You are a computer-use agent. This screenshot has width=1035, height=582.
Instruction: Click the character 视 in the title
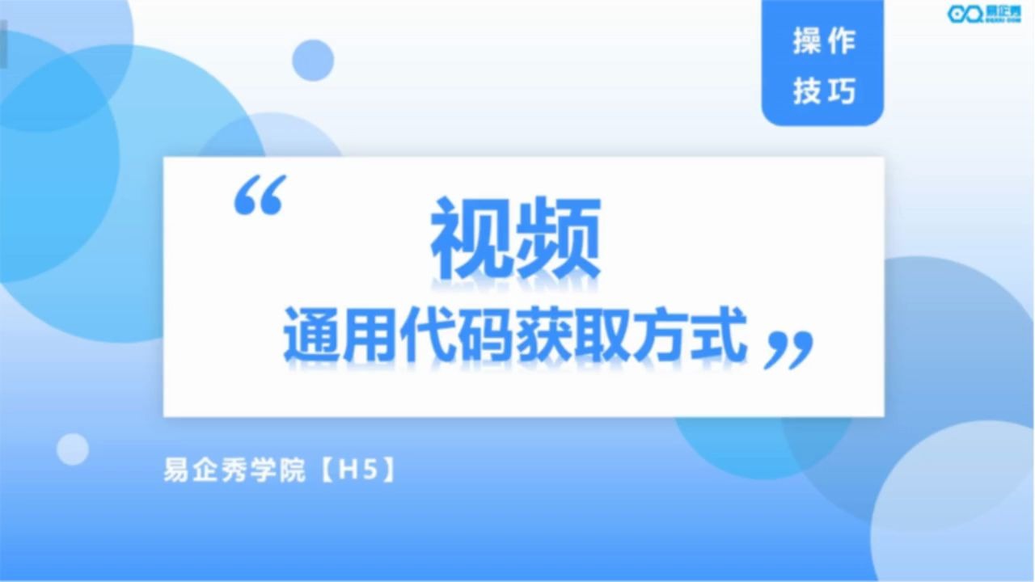coord(472,238)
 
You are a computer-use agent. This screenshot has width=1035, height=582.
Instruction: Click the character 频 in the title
coord(558,238)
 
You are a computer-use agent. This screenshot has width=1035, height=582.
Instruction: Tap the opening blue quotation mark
coord(260,195)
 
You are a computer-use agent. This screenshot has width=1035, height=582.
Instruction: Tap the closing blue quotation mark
coord(788,350)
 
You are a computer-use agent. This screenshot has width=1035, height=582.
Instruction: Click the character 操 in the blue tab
coord(807,40)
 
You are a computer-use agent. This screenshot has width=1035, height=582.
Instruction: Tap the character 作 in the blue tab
coord(842,40)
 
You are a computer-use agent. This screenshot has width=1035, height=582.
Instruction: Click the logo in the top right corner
coord(984,14)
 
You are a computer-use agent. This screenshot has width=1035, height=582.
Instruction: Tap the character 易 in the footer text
coord(176,470)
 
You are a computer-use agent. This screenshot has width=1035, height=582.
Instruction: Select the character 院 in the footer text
coord(293,470)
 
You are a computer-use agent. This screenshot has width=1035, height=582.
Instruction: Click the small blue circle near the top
coord(313,60)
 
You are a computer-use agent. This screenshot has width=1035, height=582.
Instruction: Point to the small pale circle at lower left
coord(73,449)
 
